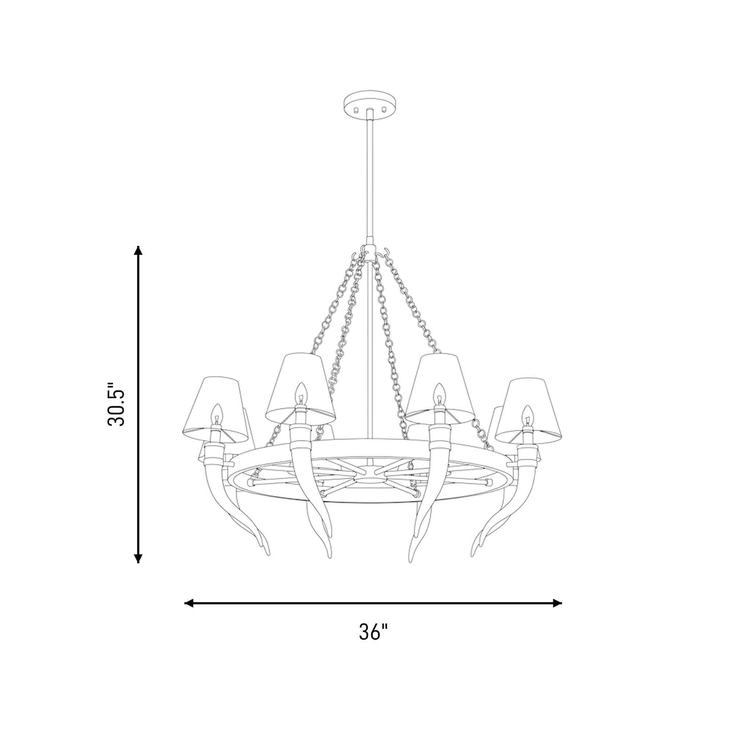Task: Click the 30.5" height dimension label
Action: pos(116,404)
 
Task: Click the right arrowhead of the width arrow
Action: pos(557,603)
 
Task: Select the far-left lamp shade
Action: pos(215,410)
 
